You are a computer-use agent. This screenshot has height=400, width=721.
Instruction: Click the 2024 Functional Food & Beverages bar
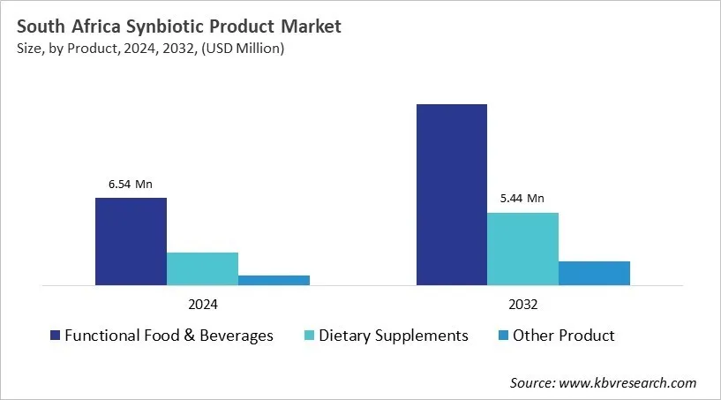click(x=131, y=241)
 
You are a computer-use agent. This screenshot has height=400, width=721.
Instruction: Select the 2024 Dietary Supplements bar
click(x=202, y=268)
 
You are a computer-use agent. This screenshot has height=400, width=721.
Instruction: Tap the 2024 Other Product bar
click(x=274, y=280)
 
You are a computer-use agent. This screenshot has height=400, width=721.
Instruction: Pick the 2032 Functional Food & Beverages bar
click(x=451, y=194)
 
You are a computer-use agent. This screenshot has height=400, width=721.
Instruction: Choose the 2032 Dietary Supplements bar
click(x=522, y=248)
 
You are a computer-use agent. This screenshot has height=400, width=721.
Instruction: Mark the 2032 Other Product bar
click(x=594, y=273)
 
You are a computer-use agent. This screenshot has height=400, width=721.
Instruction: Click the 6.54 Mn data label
click(x=131, y=185)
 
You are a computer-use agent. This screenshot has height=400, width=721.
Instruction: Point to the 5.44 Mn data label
click(x=522, y=199)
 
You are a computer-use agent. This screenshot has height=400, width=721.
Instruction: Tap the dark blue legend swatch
click(x=56, y=336)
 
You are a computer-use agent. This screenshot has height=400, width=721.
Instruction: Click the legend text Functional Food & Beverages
click(x=169, y=336)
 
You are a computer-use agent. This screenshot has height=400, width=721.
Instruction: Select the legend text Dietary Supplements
click(x=394, y=336)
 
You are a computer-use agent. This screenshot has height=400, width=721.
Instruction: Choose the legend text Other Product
click(x=564, y=336)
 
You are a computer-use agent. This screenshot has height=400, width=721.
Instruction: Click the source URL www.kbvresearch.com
click(x=628, y=382)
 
